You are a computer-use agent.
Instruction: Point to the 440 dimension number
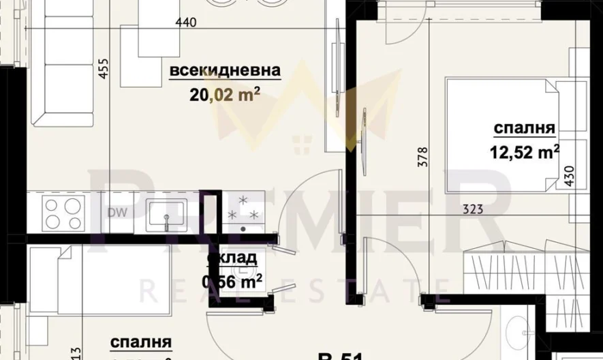pos(185,22)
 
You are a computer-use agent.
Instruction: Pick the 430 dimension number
pos(570,181)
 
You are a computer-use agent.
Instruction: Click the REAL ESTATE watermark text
pos(293,290)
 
